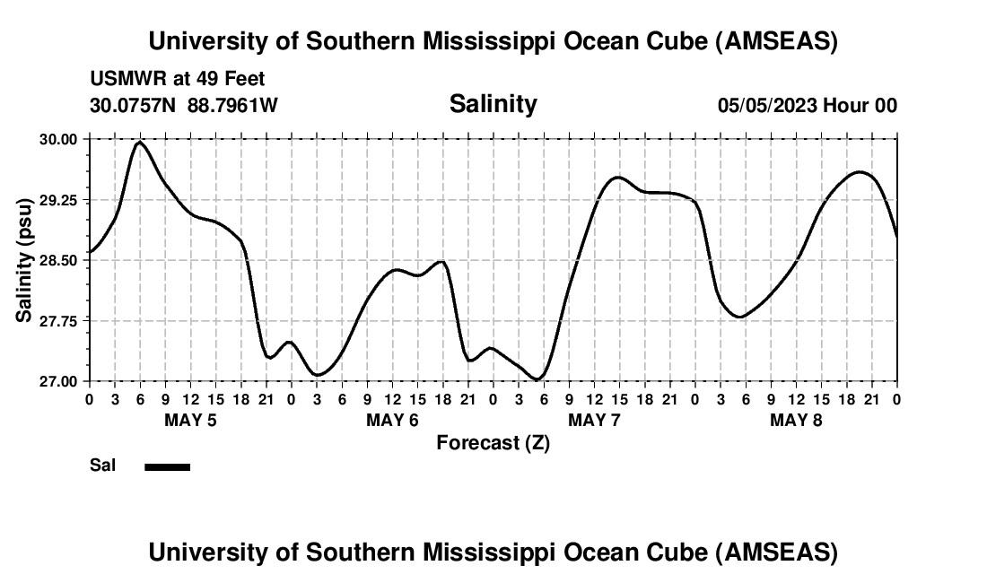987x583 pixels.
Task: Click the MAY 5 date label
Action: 190,420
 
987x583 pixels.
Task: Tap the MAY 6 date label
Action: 392,420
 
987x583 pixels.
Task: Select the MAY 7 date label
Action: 594,420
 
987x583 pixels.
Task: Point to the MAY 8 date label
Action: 796,420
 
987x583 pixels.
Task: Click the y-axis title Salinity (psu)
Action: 24,260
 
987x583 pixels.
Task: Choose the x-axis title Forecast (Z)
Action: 493,442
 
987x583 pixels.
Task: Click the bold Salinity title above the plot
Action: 493,104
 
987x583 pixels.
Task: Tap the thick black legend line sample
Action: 167,466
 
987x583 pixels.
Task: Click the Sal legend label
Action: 102,466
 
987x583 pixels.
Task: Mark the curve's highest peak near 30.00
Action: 139,142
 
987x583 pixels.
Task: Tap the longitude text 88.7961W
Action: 232,105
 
